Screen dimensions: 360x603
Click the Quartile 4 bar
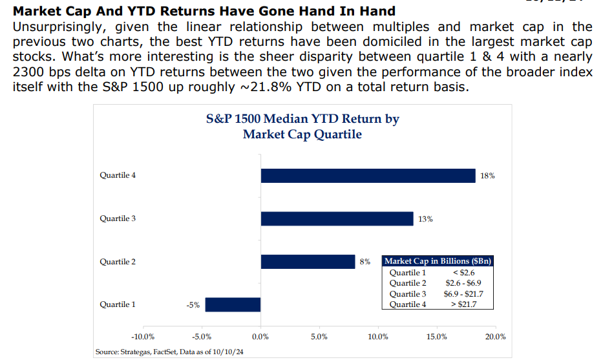[x=368, y=176]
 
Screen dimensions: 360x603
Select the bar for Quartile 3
[x=337, y=218]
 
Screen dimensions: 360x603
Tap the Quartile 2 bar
[x=308, y=262]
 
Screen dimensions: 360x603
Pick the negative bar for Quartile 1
[x=233, y=304]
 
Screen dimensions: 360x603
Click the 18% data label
[x=488, y=176]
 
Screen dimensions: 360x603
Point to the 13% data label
[x=425, y=219]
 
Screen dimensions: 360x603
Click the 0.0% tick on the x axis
[x=260, y=337]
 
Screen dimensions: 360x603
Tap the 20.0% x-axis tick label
[x=495, y=337]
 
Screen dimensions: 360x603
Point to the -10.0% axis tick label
[x=143, y=337]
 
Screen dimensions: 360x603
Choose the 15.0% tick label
[x=436, y=337]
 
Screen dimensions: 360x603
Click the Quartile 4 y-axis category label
[x=118, y=175]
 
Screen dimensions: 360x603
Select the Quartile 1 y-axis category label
[x=118, y=304]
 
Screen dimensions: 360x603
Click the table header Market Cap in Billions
[x=438, y=261]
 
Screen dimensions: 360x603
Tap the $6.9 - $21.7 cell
[x=465, y=293]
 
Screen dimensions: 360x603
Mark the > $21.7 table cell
[x=465, y=304]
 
